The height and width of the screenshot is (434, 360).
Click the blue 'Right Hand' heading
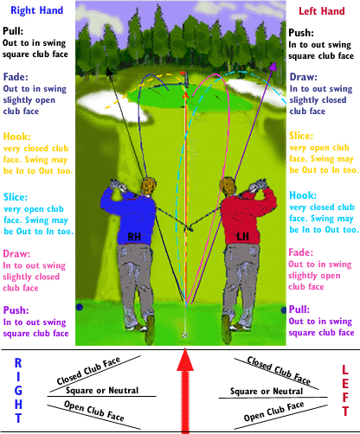(x=36, y=10)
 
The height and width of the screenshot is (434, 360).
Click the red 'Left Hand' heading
(x=322, y=11)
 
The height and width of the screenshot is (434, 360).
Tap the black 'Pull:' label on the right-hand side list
(x=13, y=31)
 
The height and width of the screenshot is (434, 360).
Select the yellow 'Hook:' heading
(x=16, y=137)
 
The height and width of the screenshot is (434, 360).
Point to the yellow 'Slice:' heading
(x=301, y=136)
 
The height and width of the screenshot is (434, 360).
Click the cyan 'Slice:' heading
(x=16, y=197)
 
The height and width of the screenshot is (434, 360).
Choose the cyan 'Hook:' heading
(x=303, y=195)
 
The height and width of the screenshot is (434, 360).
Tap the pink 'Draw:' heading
(x=16, y=254)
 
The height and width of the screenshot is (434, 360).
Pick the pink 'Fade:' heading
(x=301, y=252)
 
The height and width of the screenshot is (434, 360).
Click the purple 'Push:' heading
(x=16, y=310)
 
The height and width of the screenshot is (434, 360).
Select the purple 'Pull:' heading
(x=299, y=310)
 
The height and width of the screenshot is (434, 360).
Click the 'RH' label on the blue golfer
(x=134, y=237)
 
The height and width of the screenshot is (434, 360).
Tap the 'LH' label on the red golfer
(x=242, y=237)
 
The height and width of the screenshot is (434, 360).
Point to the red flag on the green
(x=183, y=73)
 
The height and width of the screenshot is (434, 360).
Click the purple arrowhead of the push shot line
(x=273, y=67)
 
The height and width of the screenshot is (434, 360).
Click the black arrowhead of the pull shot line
(x=109, y=71)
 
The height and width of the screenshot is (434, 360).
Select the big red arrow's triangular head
(x=185, y=360)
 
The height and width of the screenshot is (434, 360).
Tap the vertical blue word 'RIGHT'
(x=18, y=391)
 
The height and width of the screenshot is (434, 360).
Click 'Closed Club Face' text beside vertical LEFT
(x=279, y=371)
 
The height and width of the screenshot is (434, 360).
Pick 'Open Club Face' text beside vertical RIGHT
(x=94, y=411)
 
